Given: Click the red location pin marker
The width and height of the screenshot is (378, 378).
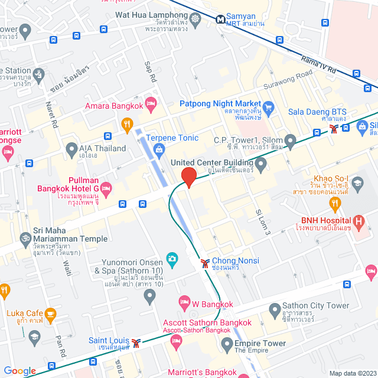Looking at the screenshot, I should [188, 177].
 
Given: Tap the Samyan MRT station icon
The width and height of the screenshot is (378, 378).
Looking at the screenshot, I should [220, 19].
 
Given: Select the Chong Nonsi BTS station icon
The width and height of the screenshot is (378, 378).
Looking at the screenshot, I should [205, 263].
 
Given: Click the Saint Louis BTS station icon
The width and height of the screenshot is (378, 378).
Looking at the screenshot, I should [136, 343].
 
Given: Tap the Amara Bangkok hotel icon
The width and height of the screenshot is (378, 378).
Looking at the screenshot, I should [151, 105].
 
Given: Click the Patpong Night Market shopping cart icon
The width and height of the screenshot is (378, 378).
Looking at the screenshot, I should [269, 107].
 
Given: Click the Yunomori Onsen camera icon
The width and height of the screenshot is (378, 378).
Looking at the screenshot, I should [172, 258].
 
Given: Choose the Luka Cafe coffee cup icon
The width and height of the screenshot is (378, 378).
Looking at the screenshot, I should [50, 313].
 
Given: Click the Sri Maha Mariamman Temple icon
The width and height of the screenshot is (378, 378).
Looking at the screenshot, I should [25, 240].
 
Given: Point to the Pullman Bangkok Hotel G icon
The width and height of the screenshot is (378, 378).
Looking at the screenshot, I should [106, 189].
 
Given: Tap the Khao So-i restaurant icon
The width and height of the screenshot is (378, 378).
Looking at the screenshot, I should [335, 204].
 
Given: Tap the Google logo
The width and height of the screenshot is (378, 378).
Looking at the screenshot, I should [19, 371].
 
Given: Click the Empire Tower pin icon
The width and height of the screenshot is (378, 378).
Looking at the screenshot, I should [225, 344].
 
